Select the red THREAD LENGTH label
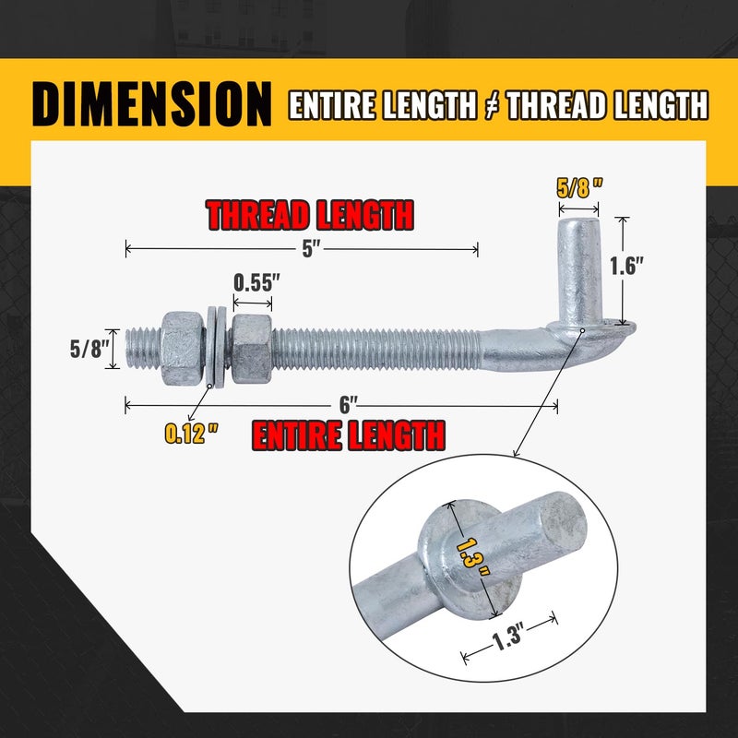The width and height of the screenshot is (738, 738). pyautogui.click(x=309, y=214)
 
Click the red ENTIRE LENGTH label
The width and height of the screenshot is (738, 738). pyautogui.click(x=348, y=434)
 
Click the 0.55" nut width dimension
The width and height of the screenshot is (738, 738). pyautogui.click(x=254, y=282)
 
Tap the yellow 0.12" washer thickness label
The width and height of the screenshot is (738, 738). pyautogui.click(x=193, y=434)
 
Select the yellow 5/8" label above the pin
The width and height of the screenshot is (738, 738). pyautogui.click(x=580, y=186)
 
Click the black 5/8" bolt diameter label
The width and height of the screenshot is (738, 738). pyautogui.click(x=89, y=350)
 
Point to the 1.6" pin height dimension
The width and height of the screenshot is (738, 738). pyautogui.click(x=627, y=266)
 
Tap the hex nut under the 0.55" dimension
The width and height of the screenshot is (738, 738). pyautogui.click(x=251, y=348)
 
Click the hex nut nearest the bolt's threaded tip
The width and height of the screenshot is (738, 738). pyautogui.click(x=183, y=348)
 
